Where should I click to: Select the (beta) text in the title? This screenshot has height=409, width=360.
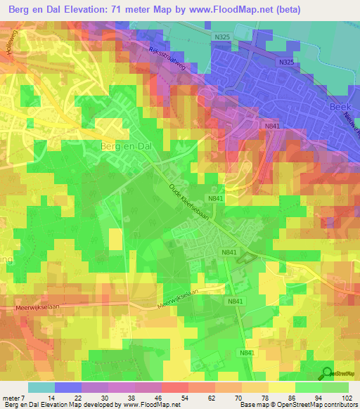click(289, 9)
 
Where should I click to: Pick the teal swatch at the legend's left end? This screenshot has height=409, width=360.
click(41, 387)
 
